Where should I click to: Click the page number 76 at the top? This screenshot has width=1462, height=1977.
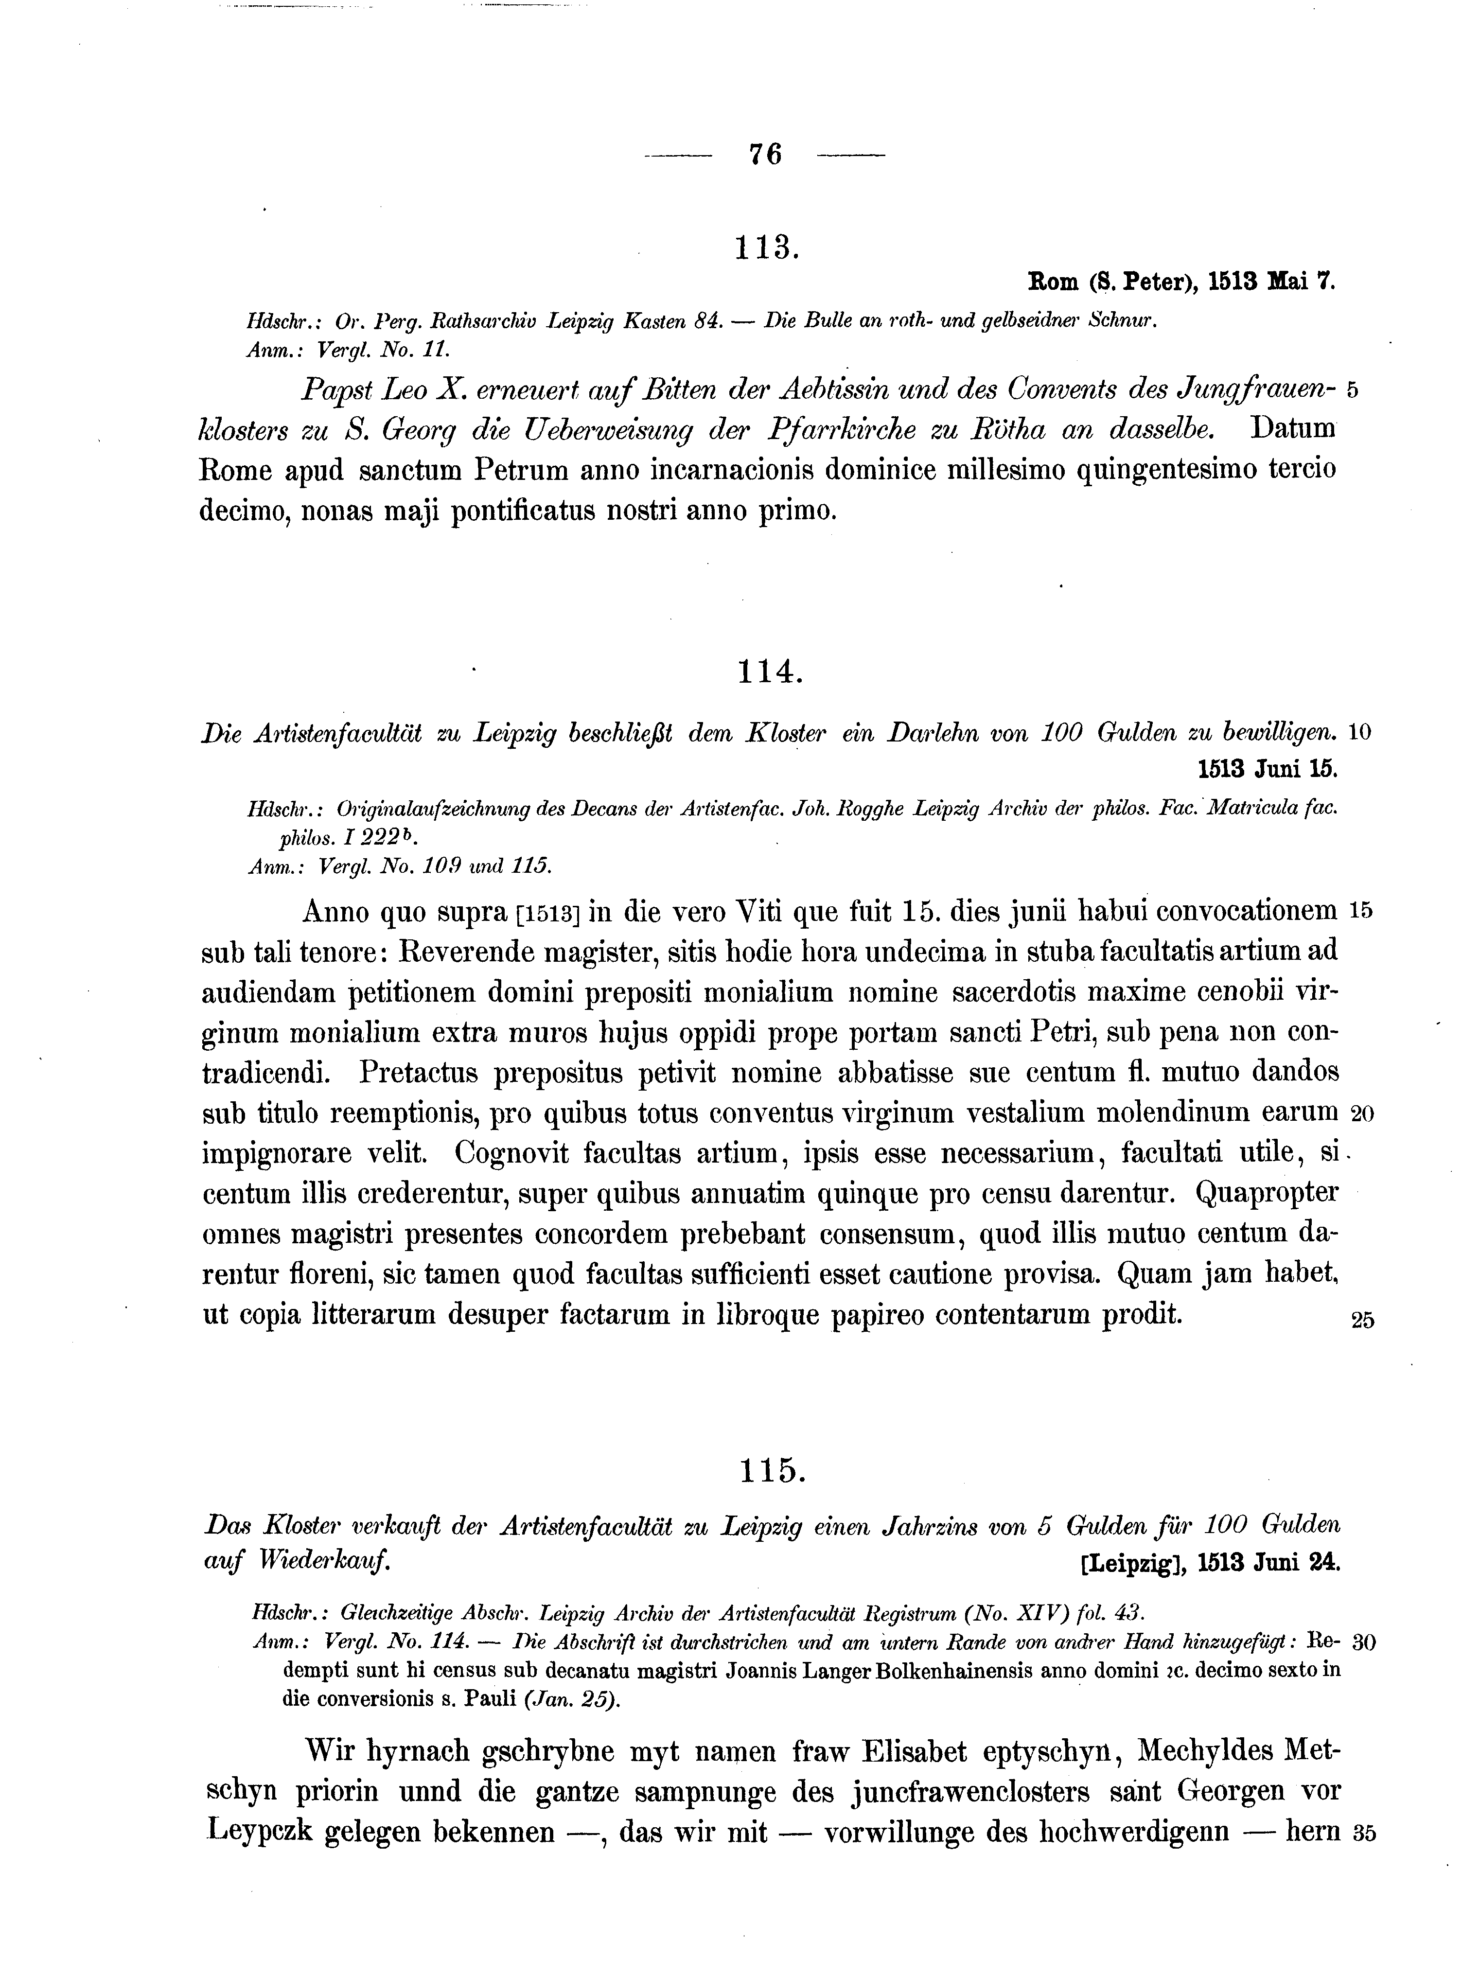point(765,155)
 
